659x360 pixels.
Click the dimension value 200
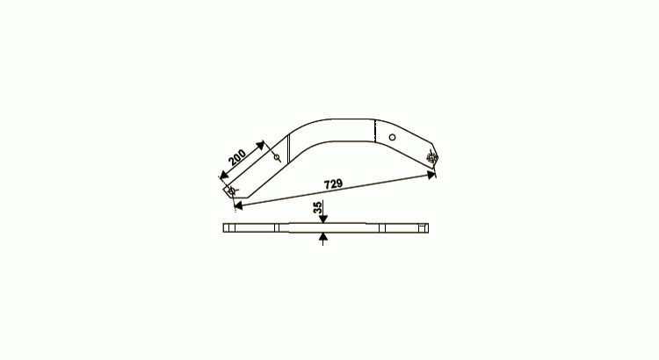pyautogui.click(x=237, y=157)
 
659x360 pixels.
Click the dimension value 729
pyautogui.click(x=333, y=184)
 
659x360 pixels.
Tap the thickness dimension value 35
pyautogui.click(x=318, y=207)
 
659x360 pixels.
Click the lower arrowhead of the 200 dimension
pyautogui.click(x=224, y=175)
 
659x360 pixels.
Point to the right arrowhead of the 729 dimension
pyautogui.click(x=431, y=175)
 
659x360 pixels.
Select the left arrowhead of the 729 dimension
pyautogui.click(x=238, y=205)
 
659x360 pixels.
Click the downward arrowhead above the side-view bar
pyautogui.click(x=322, y=219)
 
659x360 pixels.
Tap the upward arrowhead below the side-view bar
pyautogui.click(x=322, y=237)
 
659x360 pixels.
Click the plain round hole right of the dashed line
pyautogui.click(x=392, y=137)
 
